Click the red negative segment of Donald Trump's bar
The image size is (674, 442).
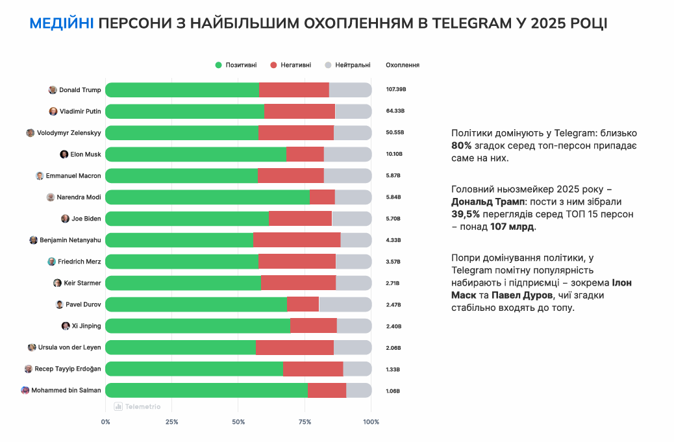[293, 90]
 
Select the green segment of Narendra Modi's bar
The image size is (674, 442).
[207, 197]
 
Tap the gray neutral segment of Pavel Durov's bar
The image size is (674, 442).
[345, 304]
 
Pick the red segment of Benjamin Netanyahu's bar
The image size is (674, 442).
[296, 240]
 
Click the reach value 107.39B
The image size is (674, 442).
[395, 90]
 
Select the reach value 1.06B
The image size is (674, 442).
[393, 391]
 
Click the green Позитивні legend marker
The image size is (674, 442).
[219, 65]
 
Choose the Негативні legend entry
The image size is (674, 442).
[291, 65]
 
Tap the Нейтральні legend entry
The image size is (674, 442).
[348, 65]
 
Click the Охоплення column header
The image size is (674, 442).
[403, 65]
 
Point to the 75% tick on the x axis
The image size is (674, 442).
[305, 422]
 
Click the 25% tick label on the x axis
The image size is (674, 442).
[171, 422]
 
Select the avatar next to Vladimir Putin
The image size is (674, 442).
[53, 112]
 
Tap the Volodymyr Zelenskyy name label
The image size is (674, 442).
[69, 133]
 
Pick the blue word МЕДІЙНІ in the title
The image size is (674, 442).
[62, 24]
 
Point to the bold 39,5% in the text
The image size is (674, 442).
[465, 214]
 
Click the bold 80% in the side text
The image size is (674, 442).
[461, 145]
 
